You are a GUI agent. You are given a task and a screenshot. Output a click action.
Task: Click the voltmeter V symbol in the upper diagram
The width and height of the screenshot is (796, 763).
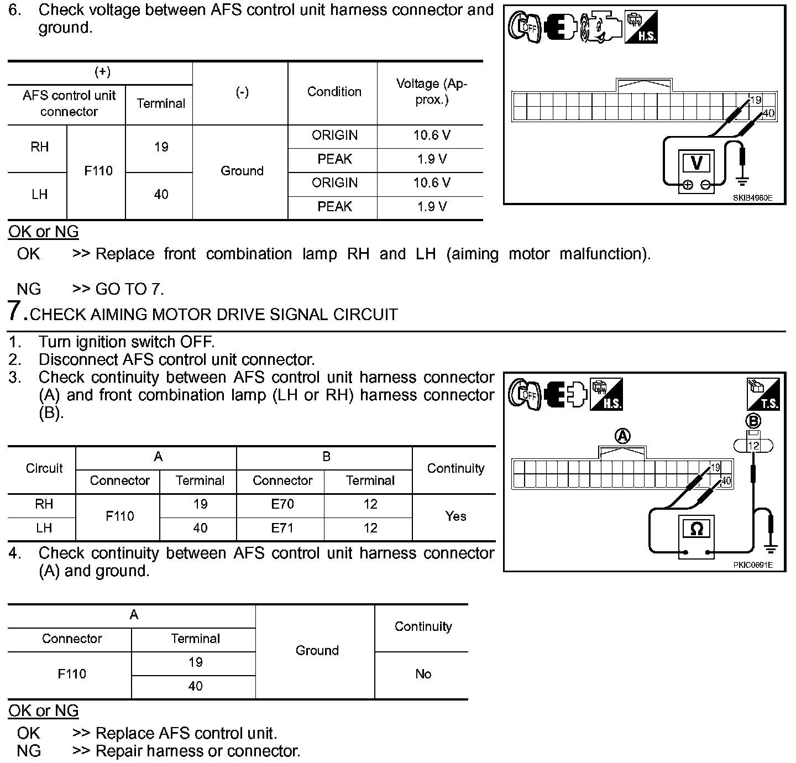click(x=697, y=163)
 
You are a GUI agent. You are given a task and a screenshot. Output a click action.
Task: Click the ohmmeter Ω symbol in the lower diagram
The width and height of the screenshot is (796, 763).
click(x=696, y=529)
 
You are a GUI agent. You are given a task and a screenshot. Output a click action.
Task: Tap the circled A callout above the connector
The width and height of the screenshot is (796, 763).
click(x=622, y=437)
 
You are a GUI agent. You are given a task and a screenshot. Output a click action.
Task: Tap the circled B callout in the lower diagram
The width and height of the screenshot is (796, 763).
click(x=753, y=421)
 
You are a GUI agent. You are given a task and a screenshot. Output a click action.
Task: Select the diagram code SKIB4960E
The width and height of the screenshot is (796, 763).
click(x=752, y=197)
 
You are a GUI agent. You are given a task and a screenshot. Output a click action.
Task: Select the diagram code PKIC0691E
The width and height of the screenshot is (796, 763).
click(x=752, y=565)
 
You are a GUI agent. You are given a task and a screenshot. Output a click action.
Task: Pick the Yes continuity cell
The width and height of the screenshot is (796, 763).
click(x=455, y=516)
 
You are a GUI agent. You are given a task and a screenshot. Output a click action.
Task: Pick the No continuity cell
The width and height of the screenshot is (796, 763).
click(x=423, y=674)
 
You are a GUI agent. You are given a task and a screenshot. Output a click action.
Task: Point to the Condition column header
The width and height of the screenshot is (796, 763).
click(x=334, y=92)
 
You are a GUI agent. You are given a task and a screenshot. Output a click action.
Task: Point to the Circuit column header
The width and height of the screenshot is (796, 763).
click(x=44, y=468)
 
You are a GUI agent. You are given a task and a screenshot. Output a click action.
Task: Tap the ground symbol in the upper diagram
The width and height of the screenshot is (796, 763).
click(x=742, y=179)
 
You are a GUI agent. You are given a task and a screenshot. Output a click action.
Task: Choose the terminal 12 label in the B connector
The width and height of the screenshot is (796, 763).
click(x=753, y=446)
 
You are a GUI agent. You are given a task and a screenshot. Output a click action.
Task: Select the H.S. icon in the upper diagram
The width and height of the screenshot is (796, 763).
click(x=641, y=27)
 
